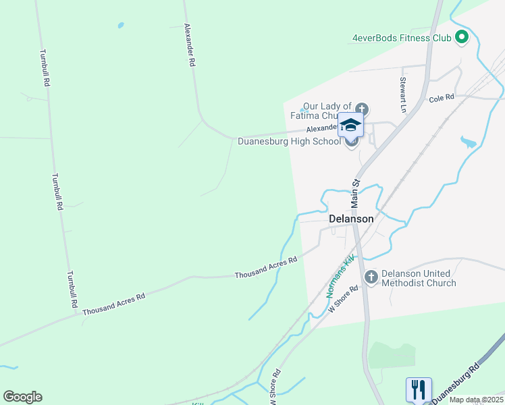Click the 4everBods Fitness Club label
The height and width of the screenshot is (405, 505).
(401, 38)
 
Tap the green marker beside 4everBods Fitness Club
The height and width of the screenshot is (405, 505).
(462, 38)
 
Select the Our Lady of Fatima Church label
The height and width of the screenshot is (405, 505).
(327, 111)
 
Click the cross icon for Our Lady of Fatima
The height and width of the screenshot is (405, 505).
(362, 109)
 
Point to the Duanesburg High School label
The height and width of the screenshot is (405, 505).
(290, 142)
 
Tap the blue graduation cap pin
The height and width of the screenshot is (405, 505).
(350, 125)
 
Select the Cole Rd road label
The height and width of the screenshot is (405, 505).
(442, 99)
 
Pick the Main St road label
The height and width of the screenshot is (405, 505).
(356, 193)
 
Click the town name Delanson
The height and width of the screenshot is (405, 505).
(351, 219)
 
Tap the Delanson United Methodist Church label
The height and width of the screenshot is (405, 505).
(419, 278)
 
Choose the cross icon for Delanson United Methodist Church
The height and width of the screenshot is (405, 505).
(371, 277)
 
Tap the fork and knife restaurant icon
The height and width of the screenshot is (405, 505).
(419, 389)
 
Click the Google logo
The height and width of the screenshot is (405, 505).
(22, 397)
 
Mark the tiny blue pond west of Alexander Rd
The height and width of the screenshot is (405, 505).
(121, 26)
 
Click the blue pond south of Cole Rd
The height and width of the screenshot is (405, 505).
(468, 142)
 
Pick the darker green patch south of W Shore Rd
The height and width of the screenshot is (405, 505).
(392, 356)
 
